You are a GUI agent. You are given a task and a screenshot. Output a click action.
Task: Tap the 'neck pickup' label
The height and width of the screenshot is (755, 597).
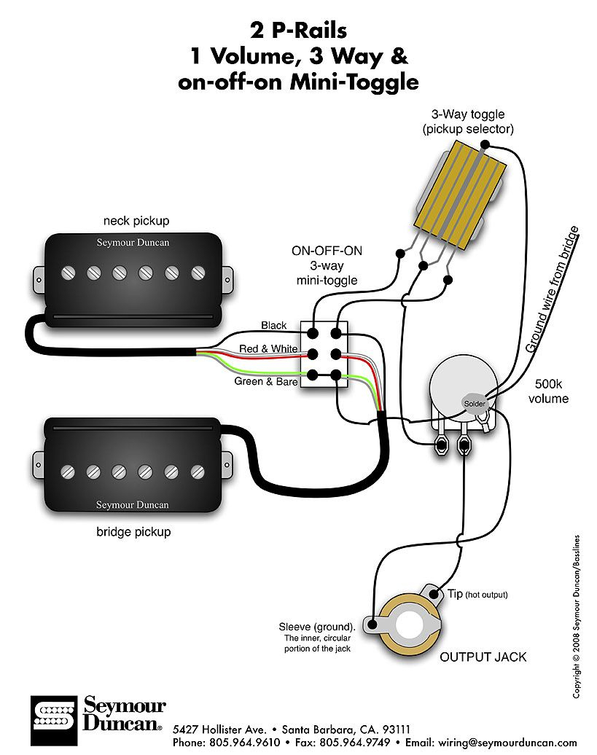click(x=136, y=220)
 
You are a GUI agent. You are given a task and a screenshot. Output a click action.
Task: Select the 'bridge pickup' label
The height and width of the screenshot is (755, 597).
click(x=133, y=532)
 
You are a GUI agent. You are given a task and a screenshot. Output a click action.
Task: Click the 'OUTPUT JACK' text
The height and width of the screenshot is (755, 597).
click(x=483, y=657)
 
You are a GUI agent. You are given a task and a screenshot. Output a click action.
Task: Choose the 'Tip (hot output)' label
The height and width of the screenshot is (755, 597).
click(x=477, y=595)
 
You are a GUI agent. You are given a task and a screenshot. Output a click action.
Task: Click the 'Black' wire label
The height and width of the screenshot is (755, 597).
click(x=274, y=326)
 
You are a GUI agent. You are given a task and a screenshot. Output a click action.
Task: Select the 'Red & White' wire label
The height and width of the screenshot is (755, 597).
click(x=268, y=349)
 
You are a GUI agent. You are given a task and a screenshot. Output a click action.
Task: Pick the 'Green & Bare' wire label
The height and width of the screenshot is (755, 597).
click(x=265, y=380)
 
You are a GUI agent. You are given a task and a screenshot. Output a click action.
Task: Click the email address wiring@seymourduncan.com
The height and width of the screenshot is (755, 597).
click(x=503, y=743)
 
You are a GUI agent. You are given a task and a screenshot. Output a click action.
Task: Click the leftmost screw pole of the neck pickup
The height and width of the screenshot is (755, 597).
click(x=68, y=273)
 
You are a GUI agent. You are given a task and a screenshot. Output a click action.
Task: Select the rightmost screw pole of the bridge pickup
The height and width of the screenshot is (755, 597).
click(x=198, y=470)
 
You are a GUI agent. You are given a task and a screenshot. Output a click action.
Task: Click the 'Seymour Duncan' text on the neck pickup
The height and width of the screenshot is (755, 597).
click(x=132, y=243)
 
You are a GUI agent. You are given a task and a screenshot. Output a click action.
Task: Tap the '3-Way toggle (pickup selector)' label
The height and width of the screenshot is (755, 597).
click(x=467, y=122)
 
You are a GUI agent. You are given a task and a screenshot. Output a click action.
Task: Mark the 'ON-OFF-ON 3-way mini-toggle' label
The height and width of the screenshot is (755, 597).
click(x=327, y=265)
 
